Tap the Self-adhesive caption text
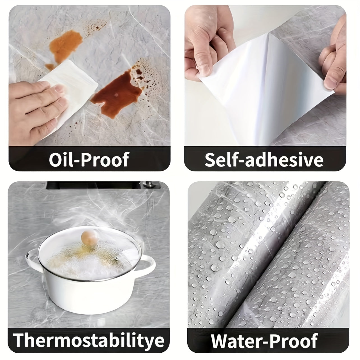(x=264, y=159)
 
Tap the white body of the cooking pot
(x=90, y=292)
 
